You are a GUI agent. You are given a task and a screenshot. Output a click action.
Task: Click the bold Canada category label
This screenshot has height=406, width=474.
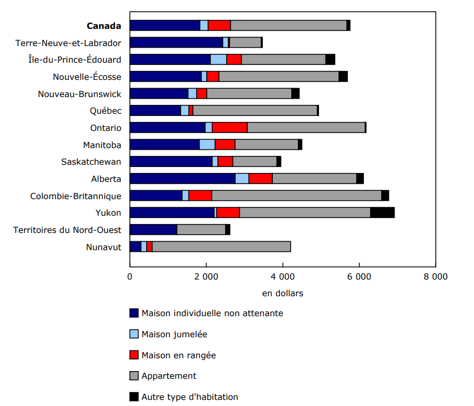(103, 26)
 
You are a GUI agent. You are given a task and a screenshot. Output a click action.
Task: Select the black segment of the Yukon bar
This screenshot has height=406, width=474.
(382, 212)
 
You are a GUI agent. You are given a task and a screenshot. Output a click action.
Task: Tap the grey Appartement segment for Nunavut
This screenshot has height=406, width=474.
(221, 247)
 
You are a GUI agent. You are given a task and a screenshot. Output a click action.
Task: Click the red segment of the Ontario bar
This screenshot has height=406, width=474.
(229, 128)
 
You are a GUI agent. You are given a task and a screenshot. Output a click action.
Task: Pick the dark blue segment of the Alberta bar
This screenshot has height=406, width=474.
(182, 179)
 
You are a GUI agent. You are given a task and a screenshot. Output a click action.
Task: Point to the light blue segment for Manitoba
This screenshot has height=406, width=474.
(207, 145)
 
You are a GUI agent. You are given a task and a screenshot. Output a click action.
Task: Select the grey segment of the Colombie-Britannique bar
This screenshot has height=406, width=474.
(296, 196)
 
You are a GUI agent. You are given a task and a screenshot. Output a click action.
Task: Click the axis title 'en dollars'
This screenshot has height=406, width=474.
(282, 293)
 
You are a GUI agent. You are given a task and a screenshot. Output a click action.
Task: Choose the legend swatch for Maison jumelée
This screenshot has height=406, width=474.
(134, 334)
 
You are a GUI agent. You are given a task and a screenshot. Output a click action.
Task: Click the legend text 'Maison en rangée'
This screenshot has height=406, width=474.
(178, 355)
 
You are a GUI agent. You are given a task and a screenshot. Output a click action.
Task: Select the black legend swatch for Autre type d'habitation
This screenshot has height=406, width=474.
(134, 397)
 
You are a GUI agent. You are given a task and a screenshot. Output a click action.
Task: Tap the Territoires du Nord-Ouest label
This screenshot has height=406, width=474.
(67, 230)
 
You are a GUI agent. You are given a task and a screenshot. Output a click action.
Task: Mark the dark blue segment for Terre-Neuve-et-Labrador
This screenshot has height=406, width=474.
(176, 43)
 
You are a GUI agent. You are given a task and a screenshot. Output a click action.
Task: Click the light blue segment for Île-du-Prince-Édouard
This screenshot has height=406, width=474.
(218, 59)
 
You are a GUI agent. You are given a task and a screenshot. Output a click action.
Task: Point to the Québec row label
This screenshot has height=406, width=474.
(106, 110)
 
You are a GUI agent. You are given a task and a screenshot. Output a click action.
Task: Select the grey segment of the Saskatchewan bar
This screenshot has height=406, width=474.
(255, 161)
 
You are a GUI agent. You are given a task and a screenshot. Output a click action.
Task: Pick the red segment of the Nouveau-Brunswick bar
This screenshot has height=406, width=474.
(202, 94)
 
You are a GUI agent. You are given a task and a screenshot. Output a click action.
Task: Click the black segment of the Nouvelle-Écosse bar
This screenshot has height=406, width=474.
(343, 77)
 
